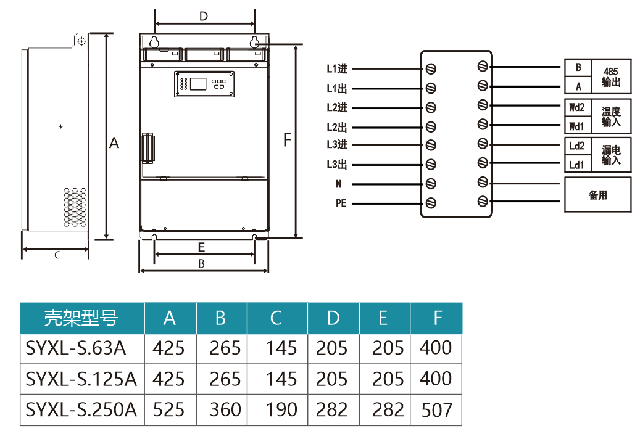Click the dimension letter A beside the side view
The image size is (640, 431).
114,143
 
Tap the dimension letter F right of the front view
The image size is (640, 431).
286,140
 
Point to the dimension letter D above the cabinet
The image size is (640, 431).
204,16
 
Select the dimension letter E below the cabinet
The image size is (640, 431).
201,247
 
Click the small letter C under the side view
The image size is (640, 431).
57,255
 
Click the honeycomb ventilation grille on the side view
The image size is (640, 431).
75,207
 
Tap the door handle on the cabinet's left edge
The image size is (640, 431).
148,147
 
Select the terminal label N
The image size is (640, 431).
338,184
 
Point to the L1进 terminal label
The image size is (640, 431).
337,68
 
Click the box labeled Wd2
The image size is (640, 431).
576,107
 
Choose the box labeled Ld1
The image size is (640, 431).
576,165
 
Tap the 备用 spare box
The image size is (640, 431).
598,195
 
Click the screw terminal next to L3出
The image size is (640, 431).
431,165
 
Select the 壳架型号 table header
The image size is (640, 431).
81,318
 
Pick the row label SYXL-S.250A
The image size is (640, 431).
81,409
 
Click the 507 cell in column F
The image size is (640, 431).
436,409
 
